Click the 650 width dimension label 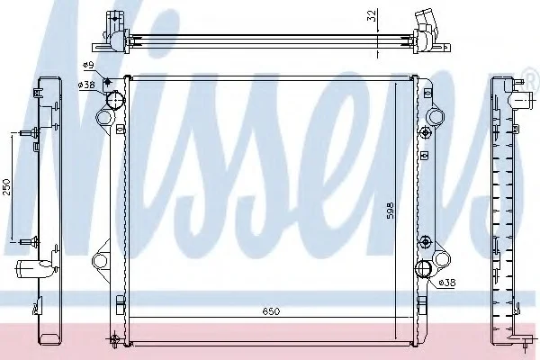tap(272, 311)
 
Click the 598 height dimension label tap(390, 211)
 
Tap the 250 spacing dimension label tap(7, 186)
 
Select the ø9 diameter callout tap(88, 65)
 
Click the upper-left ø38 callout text tap(86, 85)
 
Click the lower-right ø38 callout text tap(447, 283)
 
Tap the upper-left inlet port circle tap(115, 100)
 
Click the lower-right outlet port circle tap(424, 268)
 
